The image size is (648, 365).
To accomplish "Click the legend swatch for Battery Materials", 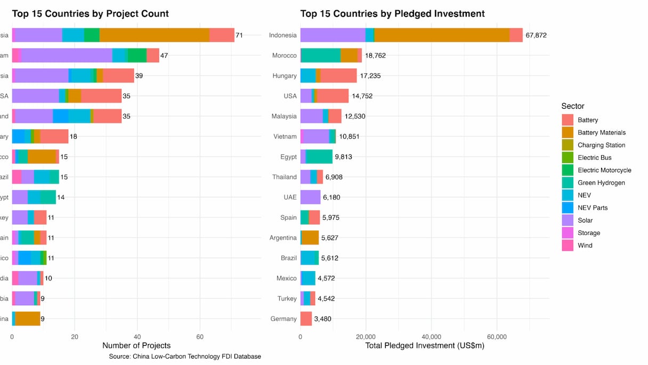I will tap(568, 133).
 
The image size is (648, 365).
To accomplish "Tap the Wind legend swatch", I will tap(568, 245).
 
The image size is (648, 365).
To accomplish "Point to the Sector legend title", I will tap(573, 106).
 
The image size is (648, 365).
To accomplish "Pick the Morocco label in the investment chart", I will tap(284, 55).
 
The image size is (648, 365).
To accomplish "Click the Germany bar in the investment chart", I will tap(306, 319).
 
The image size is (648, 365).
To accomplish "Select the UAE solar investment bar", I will tap(310, 197).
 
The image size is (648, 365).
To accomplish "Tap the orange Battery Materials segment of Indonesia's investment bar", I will tap(442, 35).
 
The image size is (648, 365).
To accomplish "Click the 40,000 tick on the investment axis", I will tap(431, 337).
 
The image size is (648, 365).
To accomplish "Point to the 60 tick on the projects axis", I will tap(200, 337).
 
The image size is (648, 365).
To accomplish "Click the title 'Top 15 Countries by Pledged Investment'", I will tap(392, 13).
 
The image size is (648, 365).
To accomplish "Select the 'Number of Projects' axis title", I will tap(136, 346).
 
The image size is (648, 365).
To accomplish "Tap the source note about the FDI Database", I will tap(185, 356).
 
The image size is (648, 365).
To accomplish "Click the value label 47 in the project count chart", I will tap(164, 55).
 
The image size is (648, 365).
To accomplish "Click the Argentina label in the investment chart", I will tap(283, 238).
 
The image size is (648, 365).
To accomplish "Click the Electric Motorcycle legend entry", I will tap(604, 170).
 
